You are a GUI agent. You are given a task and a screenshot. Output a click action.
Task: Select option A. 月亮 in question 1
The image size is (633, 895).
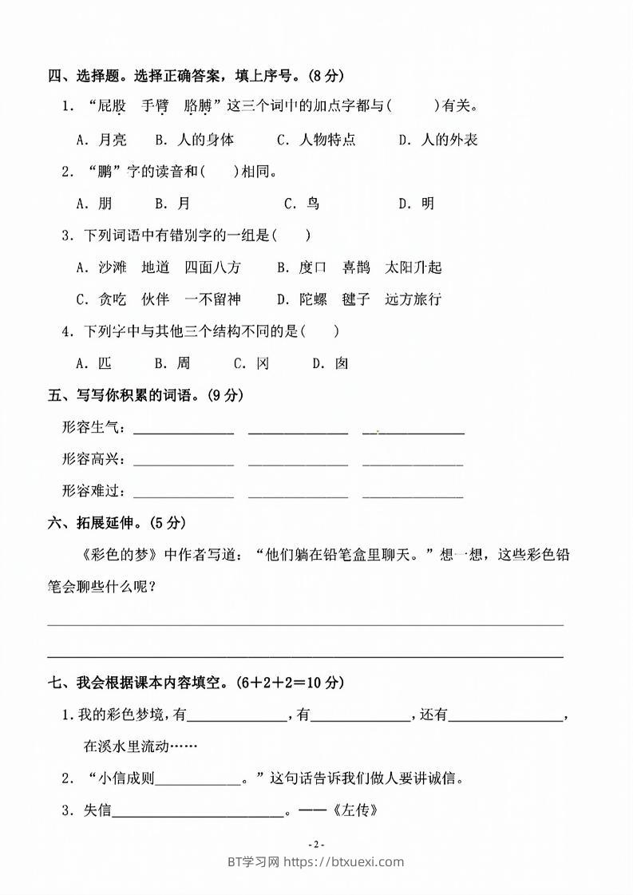[101, 140]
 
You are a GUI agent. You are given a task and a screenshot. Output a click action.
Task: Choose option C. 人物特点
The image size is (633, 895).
[316, 140]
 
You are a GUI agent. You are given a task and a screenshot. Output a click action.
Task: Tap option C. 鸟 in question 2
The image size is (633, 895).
[302, 204]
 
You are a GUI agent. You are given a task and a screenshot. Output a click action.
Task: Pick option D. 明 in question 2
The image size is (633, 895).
[417, 204]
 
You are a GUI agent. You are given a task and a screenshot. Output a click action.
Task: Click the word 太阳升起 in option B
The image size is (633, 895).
[413, 267]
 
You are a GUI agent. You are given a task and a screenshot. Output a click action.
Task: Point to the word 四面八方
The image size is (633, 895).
[212, 267]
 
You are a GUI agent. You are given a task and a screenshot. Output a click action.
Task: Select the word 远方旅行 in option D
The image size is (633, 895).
[413, 299]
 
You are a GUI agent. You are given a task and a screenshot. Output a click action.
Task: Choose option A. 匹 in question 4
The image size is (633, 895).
[94, 363]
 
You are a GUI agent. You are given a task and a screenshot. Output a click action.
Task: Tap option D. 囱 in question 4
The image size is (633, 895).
[330, 363]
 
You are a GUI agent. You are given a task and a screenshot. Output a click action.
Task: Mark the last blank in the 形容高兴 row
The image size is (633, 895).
[413, 461]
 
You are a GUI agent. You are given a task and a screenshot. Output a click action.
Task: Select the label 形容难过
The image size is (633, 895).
[93, 491]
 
